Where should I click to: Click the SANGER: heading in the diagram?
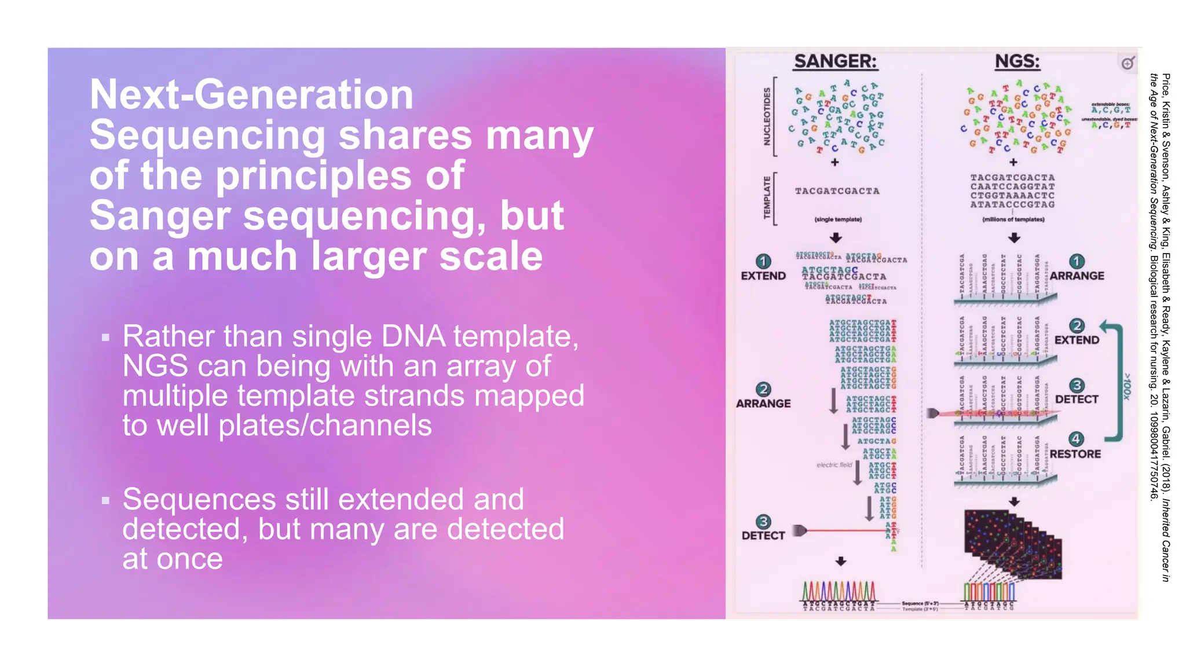click(835, 61)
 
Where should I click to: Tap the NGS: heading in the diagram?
click(1017, 61)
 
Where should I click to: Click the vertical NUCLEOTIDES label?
click(767, 116)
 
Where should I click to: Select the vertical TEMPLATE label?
click(767, 197)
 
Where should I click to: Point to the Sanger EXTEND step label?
click(763, 276)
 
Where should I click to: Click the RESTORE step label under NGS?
click(1075, 454)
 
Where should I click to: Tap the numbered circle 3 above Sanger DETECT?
click(763, 522)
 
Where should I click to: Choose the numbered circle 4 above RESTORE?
click(1076, 438)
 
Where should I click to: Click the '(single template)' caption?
click(837, 219)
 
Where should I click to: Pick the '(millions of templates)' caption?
click(1013, 219)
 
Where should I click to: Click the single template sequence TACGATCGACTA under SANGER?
click(837, 191)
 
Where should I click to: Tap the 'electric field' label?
click(834, 465)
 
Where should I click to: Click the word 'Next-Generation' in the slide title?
click(251, 94)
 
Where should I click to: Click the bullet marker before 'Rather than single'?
click(105, 337)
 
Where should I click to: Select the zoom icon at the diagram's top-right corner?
click(1127, 63)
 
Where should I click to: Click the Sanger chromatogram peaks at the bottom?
click(839, 591)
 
